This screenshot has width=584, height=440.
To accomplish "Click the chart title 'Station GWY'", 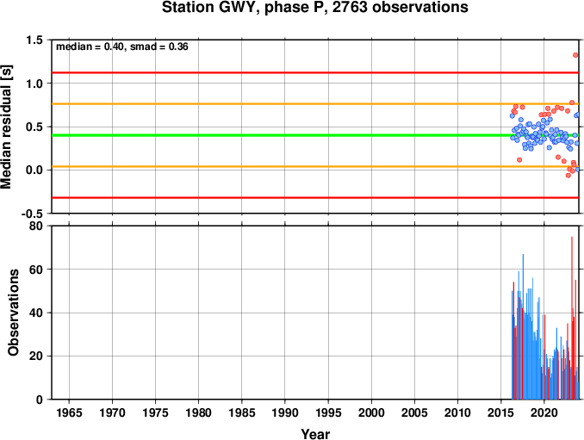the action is [210, 8].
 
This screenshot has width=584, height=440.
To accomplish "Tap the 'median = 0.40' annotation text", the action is [90, 46].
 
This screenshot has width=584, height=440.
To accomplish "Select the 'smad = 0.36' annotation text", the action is [159, 46].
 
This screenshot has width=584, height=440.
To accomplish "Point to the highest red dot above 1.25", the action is [575, 55].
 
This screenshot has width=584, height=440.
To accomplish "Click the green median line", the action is [315, 135].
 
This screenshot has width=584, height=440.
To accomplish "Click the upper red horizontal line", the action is [315, 72].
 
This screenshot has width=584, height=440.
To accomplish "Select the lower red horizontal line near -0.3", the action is [315, 198].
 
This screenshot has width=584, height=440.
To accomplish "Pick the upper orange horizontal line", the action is [315, 104].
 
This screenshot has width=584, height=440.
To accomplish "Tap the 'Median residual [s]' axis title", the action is [6, 127].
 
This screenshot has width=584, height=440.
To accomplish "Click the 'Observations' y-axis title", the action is [13, 313].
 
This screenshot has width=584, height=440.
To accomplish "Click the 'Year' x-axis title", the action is [315, 434].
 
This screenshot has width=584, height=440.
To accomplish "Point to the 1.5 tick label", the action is [35, 40].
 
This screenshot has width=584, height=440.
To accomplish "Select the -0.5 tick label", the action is [33, 214].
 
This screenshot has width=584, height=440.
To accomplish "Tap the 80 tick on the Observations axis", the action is [36, 226].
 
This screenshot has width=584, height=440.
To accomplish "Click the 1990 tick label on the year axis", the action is [285, 412].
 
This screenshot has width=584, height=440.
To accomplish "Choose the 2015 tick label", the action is [501, 412].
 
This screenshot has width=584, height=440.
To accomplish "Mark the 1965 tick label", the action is [69, 412].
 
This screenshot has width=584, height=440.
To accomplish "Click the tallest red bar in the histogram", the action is [572, 318].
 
